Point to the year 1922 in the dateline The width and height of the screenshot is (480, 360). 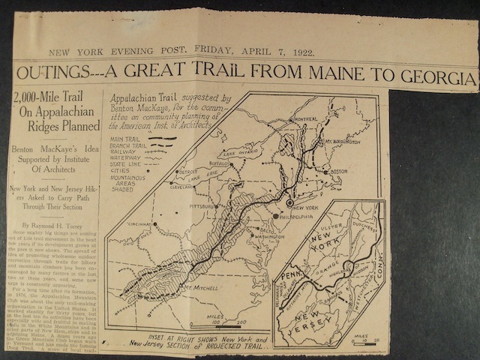point(300,52)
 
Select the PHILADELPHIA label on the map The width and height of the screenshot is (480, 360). point(300,217)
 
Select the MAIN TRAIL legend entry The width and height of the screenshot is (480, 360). point(124,139)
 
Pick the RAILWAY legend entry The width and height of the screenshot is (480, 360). point(122,152)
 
